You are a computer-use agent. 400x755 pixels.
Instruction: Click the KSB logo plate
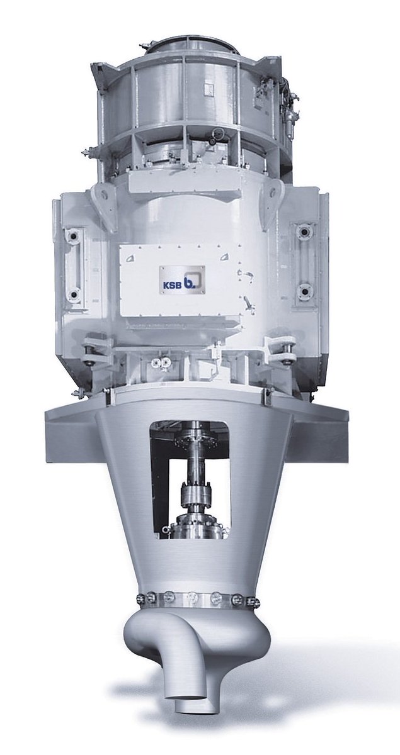click(182, 276)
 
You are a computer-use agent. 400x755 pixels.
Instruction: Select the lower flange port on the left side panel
click(74, 293)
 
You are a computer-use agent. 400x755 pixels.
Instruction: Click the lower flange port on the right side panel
click(306, 290)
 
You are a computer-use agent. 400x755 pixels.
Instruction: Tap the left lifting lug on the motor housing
click(101, 201)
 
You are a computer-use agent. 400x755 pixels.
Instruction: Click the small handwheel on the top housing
click(219, 134)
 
